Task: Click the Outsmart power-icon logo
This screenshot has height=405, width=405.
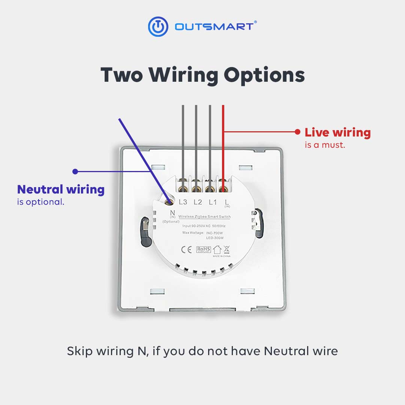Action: pos(158,27)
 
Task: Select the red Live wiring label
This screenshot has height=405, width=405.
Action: pos(337,132)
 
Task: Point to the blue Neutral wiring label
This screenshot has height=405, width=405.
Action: pos(61,189)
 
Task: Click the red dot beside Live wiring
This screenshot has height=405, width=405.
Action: pos(297,132)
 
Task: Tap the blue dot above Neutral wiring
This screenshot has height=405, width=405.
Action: pos(75,171)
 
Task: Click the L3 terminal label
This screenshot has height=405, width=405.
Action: pos(183,202)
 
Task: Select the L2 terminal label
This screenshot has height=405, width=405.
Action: pos(198,202)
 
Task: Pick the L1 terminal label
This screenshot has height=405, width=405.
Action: pos(213,202)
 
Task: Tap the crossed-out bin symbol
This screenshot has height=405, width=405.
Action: pos(226,249)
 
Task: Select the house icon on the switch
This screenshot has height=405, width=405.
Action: pos(217,249)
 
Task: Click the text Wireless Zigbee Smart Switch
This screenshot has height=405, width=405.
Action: pos(204,217)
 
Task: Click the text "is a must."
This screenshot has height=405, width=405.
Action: pos(325,145)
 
